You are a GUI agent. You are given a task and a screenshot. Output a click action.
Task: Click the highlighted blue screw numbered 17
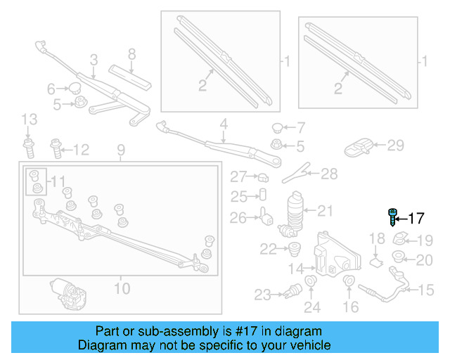pyautogui.click(x=392, y=217)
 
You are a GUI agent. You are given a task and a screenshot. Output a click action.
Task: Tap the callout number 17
pyautogui.click(x=416, y=218)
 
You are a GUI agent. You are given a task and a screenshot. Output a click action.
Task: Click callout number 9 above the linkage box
pyautogui.click(x=120, y=150)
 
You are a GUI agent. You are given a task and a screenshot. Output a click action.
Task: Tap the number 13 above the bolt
pyautogui.click(x=28, y=119)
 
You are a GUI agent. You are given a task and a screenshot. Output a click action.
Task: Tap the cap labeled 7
pyautogui.click(x=277, y=128)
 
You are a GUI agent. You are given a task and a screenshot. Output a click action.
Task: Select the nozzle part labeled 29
pyautogui.click(x=359, y=146)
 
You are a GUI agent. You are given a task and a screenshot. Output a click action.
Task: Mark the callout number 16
pyautogui.click(x=350, y=306)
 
